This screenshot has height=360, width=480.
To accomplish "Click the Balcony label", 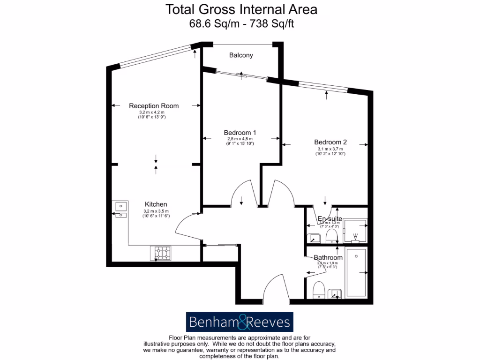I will (x=241, y=55).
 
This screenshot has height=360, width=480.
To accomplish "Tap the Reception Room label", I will (x=154, y=106).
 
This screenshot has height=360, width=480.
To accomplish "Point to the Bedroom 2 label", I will (x=330, y=142).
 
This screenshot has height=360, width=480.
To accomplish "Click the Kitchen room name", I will (x=156, y=204).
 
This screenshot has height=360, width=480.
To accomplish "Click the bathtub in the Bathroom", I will (x=357, y=274).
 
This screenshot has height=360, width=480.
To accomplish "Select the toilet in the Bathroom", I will (x=319, y=290).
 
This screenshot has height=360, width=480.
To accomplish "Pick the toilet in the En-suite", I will (x=332, y=234).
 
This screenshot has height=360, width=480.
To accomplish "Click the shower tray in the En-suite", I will (x=355, y=231).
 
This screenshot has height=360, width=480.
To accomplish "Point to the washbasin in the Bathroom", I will (x=335, y=293).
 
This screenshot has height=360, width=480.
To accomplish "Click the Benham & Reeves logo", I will (x=240, y=322).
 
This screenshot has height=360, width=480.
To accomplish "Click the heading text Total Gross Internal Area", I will (x=241, y=9).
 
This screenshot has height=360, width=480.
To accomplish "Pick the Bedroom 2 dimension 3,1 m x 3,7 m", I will (x=330, y=149).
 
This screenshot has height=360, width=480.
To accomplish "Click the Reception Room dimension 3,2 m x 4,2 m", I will (x=154, y=112).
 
